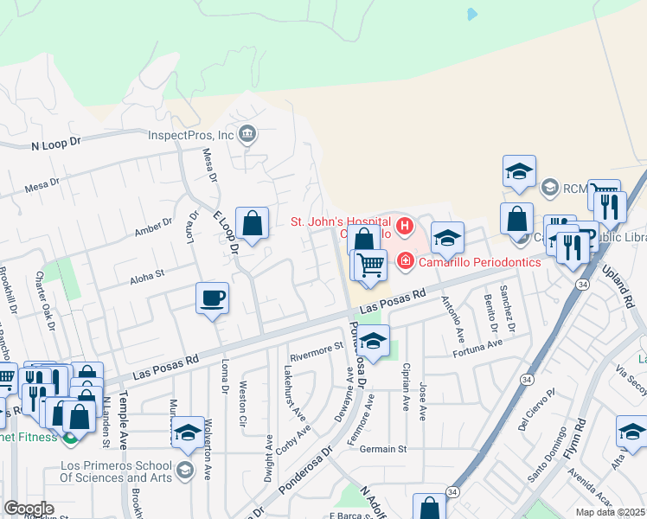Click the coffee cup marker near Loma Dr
click(x=212, y=299)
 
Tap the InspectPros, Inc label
click(x=191, y=135)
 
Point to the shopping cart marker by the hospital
click(x=370, y=265)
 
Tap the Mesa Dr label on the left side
click(x=42, y=184)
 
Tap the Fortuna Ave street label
click(x=477, y=345)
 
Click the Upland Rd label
click(x=629, y=288)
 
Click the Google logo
click(x=29, y=508)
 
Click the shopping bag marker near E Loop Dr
click(x=252, y=225)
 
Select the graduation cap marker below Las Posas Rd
click(x=373, y=343)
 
